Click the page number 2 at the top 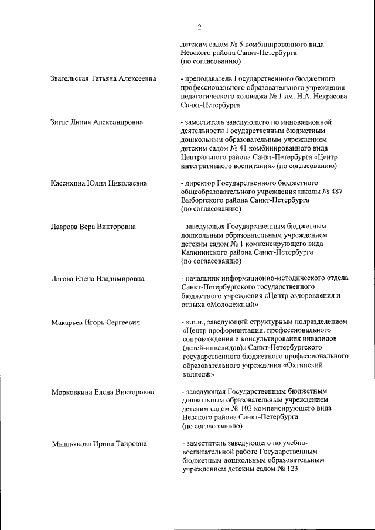click(199, 26)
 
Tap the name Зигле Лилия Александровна click(97, 122)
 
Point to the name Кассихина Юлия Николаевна click(98, 183)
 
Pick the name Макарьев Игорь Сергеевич click(96, 323)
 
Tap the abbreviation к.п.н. click(196, 323)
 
